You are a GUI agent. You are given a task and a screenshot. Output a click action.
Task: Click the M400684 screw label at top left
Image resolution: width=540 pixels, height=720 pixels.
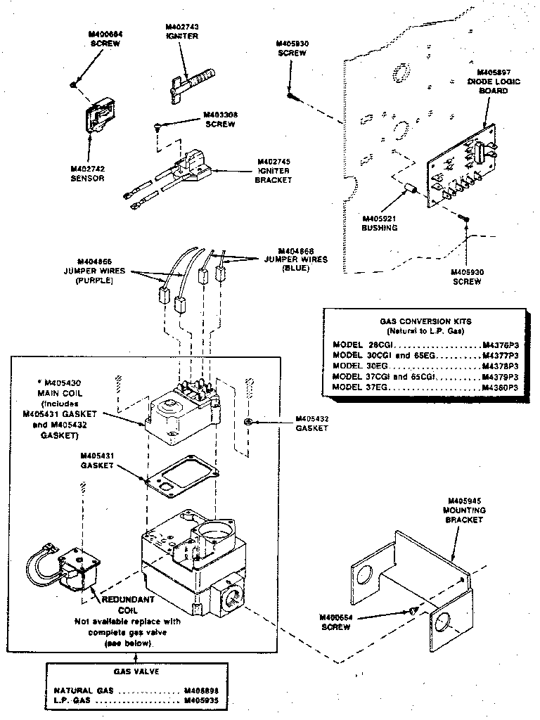[105, 39]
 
